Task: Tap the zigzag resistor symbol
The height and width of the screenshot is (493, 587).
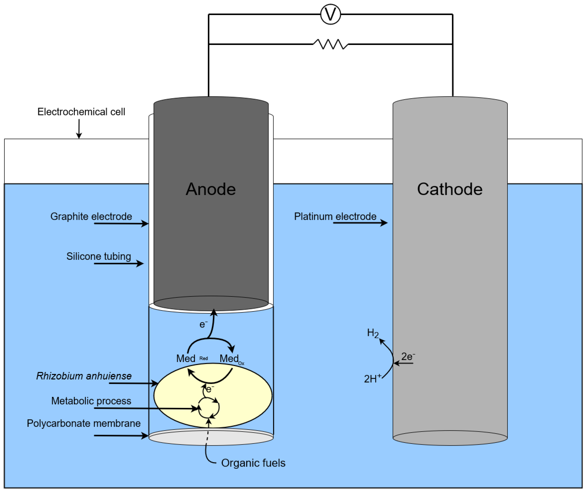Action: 330,44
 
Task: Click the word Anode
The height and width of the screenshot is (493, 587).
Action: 211,189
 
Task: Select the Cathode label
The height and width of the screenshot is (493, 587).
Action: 450,189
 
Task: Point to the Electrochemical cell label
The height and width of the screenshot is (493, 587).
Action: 81,112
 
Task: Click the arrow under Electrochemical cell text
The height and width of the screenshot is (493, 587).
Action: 79,129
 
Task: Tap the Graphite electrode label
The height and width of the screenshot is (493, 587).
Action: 91,216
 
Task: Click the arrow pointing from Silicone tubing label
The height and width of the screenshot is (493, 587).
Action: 119,263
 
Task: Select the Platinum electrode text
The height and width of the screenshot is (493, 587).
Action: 335,216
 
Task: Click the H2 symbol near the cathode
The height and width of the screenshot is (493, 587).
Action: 373,333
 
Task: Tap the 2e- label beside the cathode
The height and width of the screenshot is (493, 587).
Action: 408,357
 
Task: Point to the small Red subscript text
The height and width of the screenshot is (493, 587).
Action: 204,358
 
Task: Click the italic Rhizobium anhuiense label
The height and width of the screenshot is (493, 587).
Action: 84,376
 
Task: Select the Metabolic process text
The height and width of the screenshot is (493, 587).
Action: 91,401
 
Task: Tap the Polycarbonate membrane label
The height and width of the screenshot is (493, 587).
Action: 84,423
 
